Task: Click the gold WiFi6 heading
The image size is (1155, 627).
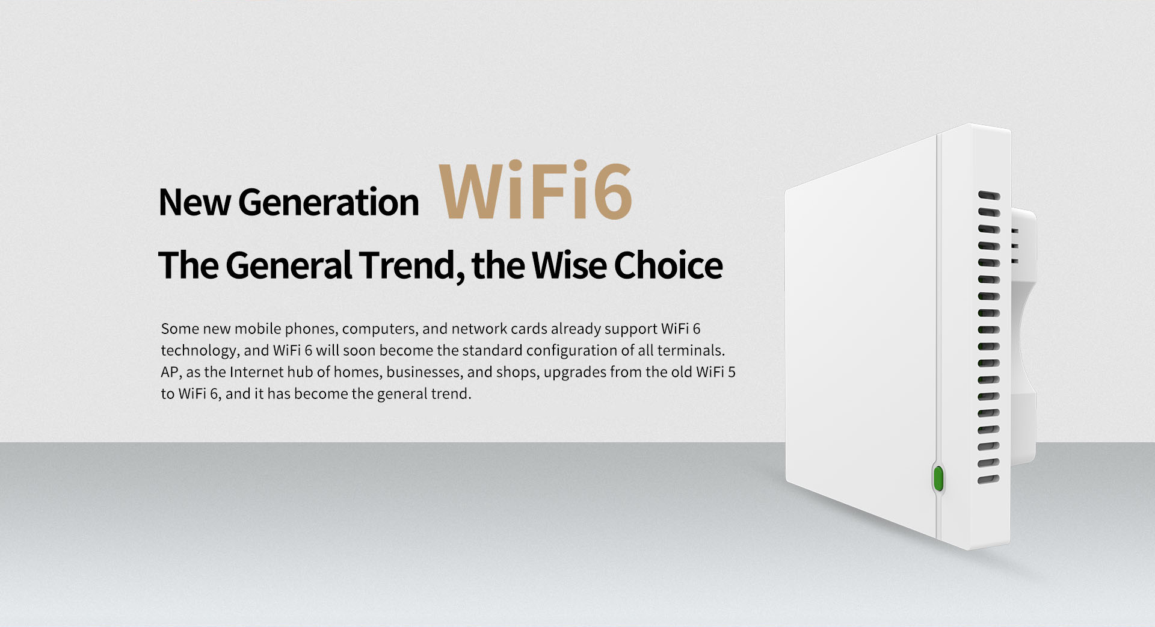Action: click(x=535, y=191)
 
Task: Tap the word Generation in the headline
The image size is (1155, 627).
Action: click(x=328, y=202)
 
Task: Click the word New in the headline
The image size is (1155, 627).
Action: click(x=194, y=202)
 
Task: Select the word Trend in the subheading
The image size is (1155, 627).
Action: click(x=411, y=265)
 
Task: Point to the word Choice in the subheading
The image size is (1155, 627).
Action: click(x=668, y=265)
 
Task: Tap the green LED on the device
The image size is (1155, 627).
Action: click(x=938, y=479)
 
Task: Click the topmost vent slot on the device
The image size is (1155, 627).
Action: click(x=989, y=196)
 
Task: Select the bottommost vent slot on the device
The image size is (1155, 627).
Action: click(x=988, y=480)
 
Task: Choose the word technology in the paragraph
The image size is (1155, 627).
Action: click(x=200, y=351)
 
